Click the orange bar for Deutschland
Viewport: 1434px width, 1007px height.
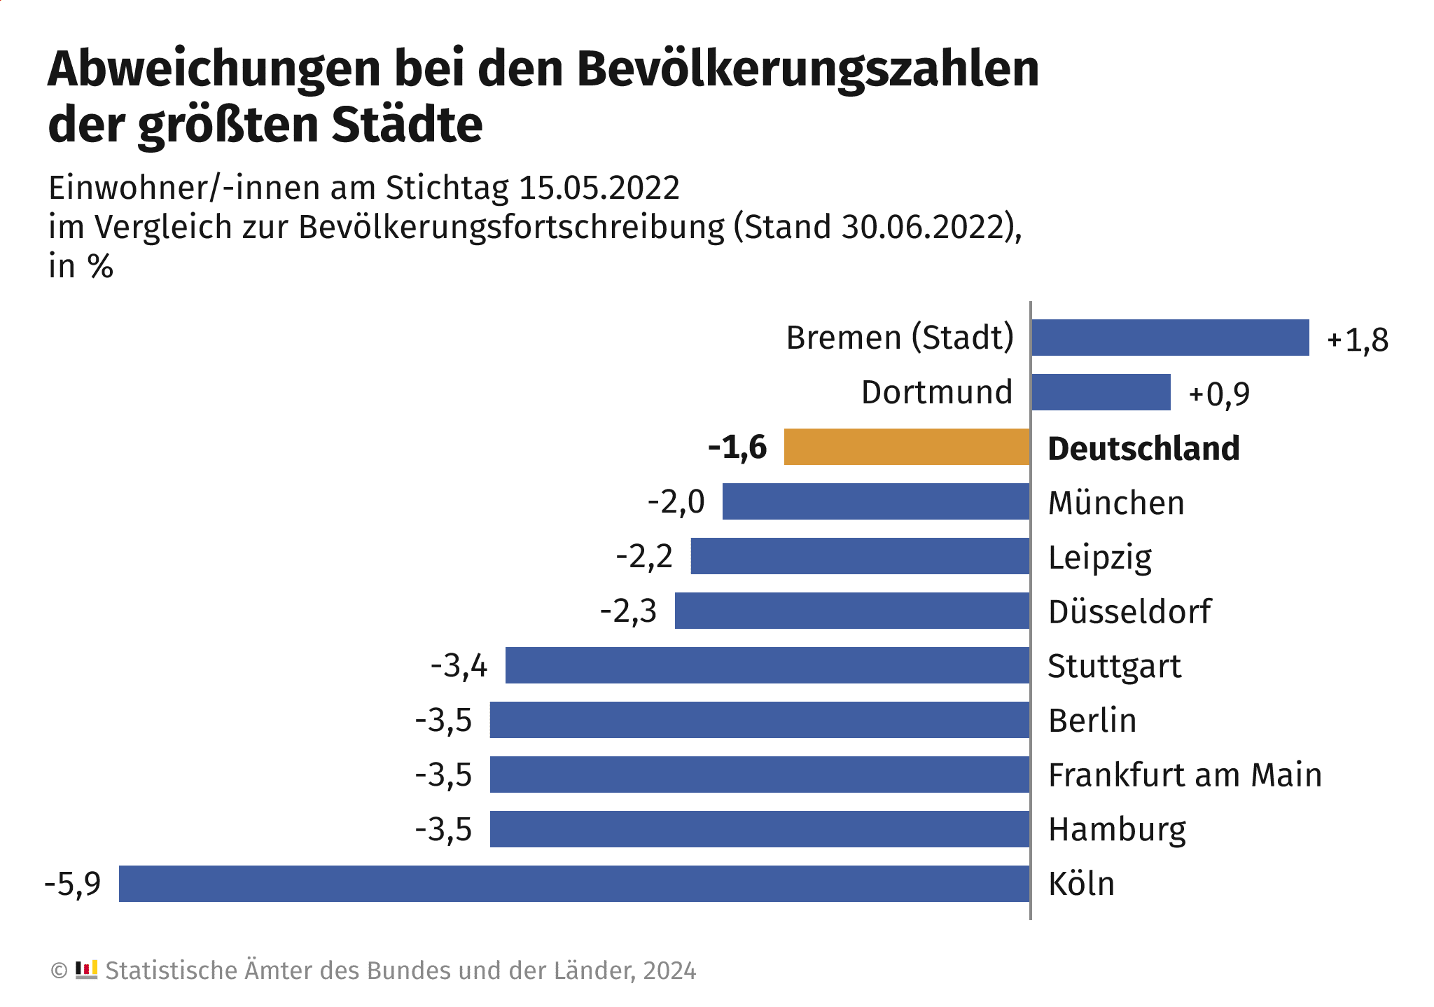point(907,447)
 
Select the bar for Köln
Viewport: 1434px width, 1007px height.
point(574,884)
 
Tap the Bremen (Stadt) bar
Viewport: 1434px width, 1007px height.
point(1170,338)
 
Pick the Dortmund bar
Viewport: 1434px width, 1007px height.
point(1101,392)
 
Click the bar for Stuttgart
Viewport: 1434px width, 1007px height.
point(767,665)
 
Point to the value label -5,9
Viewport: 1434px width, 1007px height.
point(73,884)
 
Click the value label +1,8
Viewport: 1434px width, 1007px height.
point(1357,340)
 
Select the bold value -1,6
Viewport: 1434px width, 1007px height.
point(737,447)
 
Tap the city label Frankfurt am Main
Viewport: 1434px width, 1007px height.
point(1185,775)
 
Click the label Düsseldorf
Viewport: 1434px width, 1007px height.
point(1129,611)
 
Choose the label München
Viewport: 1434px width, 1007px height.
point(1116,503)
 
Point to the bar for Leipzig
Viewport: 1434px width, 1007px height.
point(860,556)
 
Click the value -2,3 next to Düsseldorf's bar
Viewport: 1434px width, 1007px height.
point(628,611)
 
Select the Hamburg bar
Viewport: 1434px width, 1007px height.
point(760,829)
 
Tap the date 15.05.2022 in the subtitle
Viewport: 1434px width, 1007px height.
point(599,188)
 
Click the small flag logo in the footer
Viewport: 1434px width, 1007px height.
point(86,970)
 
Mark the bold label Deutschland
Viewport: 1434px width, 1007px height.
point(1143,449)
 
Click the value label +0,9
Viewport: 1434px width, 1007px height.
point(1219,394)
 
